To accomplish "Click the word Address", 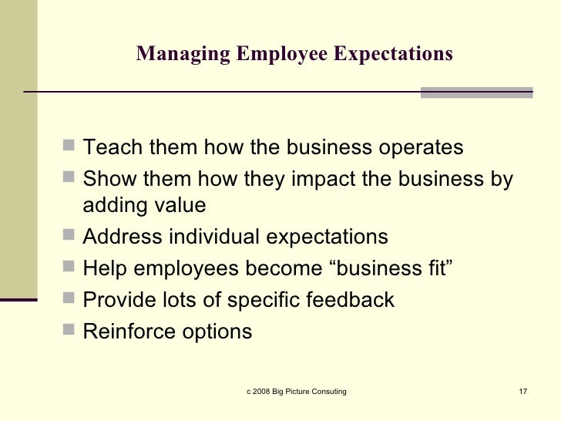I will (x=123, y=237).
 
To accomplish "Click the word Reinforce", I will (x=129, y=332).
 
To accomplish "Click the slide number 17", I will (x=522, y=392).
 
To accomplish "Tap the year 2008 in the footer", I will (x=263, y=392).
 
